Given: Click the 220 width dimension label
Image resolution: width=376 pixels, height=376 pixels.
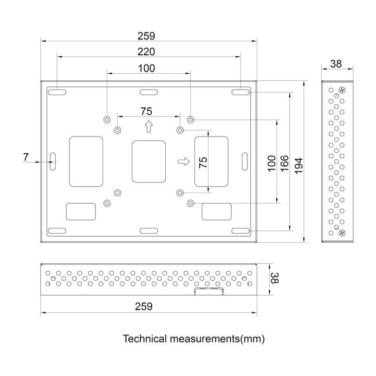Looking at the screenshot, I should pyautogui.click(x=146, y=51).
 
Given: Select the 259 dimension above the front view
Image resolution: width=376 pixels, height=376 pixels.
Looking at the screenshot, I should pyautogui.click(x=146, y=35).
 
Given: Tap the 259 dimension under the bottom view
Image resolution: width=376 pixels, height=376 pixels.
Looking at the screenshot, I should pyautogui.click(x=143, y=306).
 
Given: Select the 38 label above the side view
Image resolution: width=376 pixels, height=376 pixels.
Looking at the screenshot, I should pyautogui.click(x=336, y=64).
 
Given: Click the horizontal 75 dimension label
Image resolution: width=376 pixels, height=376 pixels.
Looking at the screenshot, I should pyautogui.click(x=147, y=111).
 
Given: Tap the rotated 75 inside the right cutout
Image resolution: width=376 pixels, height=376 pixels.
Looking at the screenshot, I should pyautogui.click(x=203, y=162).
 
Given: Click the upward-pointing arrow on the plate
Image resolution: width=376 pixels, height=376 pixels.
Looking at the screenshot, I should pyautogui.click(x=149, y=126).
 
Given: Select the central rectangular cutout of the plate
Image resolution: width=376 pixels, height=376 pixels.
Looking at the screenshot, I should pyautogui.click(x=149, y=162).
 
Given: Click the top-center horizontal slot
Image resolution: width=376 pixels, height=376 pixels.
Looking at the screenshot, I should pyautogui.click(x=149, y=92).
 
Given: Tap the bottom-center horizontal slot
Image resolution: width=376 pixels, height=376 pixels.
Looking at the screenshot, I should pyautogui.click(x=149, y=230).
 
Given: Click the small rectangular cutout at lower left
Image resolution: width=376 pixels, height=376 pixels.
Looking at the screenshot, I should pyautogui.click(x=81, y=211).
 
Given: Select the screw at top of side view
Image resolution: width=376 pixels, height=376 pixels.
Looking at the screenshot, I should pyautogui.click(x=342, y=90).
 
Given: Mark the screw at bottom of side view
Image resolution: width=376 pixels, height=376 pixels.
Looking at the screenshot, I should pyautogui.click(x=342, y=232).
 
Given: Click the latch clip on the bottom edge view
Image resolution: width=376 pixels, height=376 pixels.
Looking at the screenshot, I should pyautogui.click(x=209, y=291).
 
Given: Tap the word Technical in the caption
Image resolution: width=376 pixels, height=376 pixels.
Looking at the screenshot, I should pyautogui.click(x=143, y=339).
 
